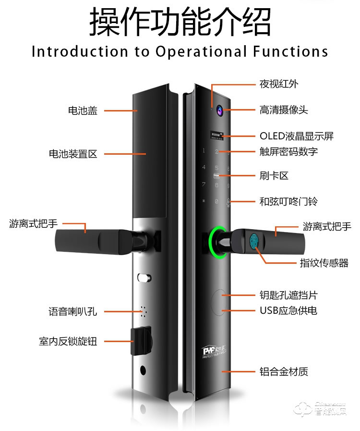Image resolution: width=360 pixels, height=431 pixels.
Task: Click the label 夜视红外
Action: coord(279,84)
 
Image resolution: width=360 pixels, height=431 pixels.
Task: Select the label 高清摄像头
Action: coord(283,111)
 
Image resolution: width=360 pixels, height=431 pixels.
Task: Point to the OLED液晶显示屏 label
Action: coord(296,136)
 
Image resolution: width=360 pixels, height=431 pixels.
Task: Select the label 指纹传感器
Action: coord(324,263)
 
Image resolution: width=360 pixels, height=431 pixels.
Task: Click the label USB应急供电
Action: coord(288,310)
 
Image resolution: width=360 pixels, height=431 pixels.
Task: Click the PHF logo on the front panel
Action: coord(211,352)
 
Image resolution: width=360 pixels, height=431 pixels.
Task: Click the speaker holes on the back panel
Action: coord(143,312)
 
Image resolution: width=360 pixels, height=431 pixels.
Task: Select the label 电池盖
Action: coord(83,111)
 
